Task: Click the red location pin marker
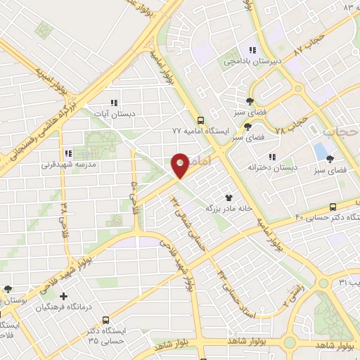(180, 165)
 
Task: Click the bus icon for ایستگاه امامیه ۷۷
(201, 120)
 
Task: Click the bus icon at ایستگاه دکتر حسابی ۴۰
(333, 207)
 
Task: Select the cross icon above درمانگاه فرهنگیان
(64, 297)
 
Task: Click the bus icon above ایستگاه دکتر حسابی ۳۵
(106, 319)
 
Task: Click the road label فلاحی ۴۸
(65, 208)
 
